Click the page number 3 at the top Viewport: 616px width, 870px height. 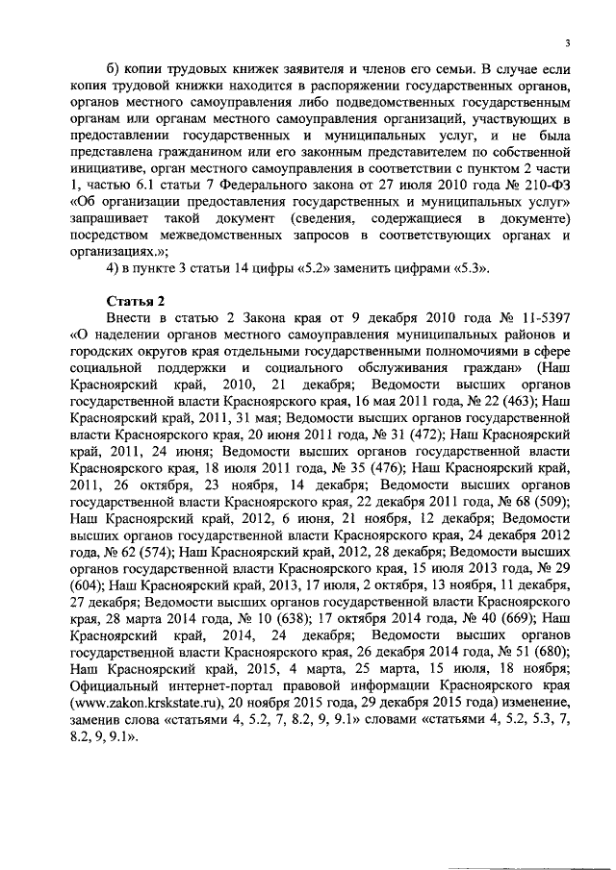point(569,42)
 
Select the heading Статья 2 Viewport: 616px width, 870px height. point(135,305)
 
